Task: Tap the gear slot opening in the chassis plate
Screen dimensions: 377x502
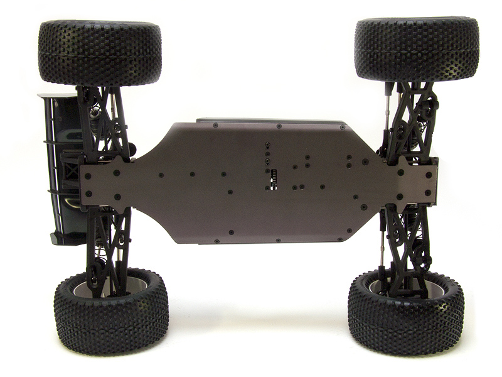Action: (273, 178)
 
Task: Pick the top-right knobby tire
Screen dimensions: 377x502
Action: (416, 49)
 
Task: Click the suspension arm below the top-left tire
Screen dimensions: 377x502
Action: (104, 123)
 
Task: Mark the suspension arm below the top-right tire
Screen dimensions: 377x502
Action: (411, 119)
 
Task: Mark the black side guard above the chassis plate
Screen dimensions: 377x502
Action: (270, 121)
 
